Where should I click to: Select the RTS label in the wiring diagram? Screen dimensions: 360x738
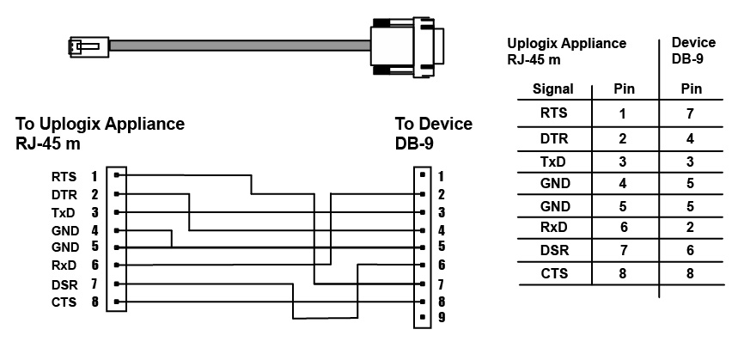pos(64,176)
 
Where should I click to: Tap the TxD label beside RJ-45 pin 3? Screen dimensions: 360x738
pos(64,212)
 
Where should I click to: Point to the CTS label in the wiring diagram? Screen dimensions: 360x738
pos(64,302)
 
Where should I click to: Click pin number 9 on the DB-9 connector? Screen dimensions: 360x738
pos(441,316)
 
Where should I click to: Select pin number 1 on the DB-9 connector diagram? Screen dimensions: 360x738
pos(441,176)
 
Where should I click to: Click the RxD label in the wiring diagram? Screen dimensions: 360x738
pos(64,265)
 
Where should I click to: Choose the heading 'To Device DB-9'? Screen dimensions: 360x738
pos(433,133)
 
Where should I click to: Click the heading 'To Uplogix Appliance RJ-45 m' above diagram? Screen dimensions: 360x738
pos(100,133)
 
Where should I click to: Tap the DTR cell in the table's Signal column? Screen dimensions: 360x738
pos(553,137)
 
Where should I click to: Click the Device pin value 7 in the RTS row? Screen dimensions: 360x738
pos(691,113)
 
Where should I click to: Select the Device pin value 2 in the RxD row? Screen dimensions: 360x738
pos(691,228)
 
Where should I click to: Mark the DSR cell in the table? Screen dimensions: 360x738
pos(553,251)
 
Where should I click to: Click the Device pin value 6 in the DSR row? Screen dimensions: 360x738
pos(691,251)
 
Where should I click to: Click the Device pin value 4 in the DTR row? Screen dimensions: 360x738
pos(691,137)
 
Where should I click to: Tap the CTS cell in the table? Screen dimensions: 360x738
pos(553,274)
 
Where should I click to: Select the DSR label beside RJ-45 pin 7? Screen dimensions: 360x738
pos(64,284)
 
